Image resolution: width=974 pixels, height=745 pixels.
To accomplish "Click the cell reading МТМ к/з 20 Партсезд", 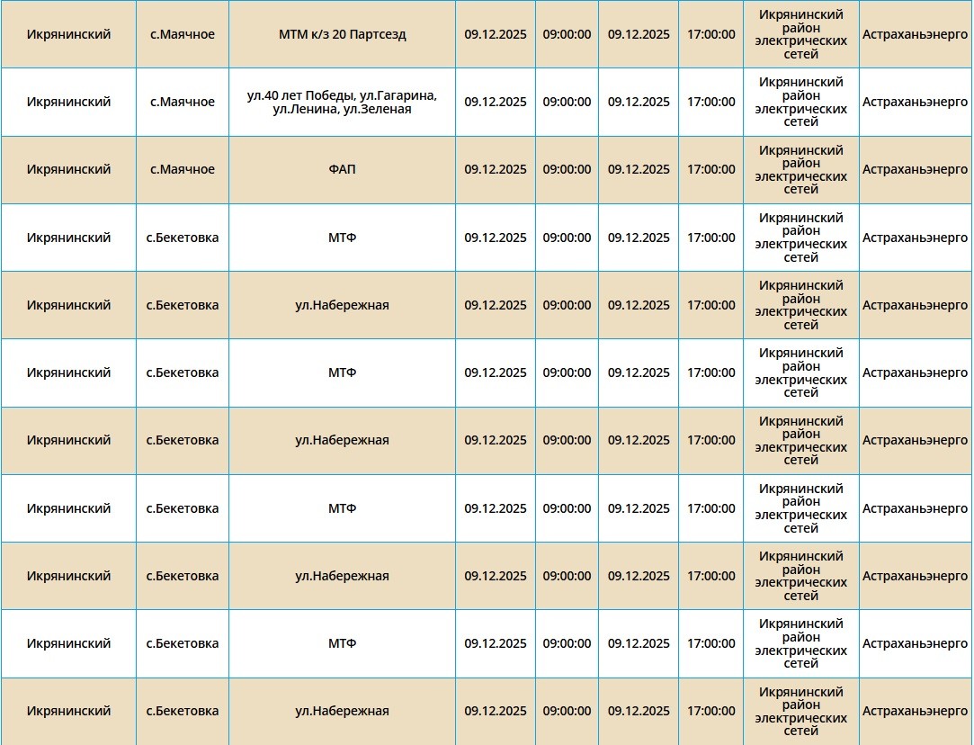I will coord(342,35).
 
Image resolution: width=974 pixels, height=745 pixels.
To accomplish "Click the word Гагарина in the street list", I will coord(409,95).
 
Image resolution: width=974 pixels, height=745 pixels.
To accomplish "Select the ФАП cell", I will coord(342,170).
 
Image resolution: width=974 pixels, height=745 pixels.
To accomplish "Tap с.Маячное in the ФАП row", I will coord(183,170).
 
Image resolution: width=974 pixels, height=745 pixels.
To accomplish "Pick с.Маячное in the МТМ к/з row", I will coord(183,35).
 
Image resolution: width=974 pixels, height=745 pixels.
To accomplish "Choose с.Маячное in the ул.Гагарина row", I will coord(183,103).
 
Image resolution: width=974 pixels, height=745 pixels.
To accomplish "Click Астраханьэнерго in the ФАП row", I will coord(915,170).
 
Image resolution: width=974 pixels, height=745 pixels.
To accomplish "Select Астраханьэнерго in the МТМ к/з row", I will coord(915,35).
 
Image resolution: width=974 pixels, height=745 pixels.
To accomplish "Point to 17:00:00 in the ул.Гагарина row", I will coord(710,103).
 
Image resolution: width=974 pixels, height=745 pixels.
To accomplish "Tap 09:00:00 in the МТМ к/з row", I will coord(567,35).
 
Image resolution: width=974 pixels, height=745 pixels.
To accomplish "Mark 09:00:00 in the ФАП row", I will coord(567,170).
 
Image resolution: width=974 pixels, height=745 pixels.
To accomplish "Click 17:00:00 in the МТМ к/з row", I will coord(710,35).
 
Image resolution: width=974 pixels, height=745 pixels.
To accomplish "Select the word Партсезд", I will coord(376,35).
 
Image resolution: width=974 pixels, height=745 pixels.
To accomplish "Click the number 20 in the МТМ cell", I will coord(334,35).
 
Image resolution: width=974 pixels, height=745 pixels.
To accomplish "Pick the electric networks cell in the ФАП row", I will coord(800,170).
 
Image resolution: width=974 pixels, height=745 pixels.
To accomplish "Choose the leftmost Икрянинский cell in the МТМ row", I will coord(68,35).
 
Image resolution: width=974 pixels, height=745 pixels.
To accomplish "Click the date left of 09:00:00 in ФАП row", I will coord(496,170).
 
